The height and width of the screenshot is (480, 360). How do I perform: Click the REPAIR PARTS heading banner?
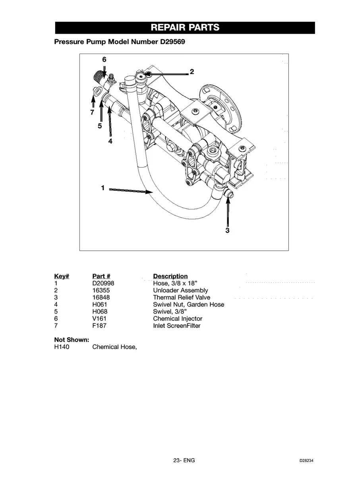pyautogui.click(x=185, y=28)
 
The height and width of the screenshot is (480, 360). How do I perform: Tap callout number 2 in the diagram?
pyautogui.click(x=192, y=72)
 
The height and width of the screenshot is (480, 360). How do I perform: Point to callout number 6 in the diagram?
pyautogui.click(x=104, y=59)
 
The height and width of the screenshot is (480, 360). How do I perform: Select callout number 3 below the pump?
pyautogui.click(x=227, y=230)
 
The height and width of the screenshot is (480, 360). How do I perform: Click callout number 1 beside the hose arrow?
pyautogui.click(x=103, y=188)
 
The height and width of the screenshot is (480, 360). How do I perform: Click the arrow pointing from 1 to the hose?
pyautogui.click(x=131, y=191)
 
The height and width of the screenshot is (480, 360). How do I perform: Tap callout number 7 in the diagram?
pyautogui.click(x=92, y=112)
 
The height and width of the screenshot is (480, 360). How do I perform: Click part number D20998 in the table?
pyautogui.click(x=103, y=283)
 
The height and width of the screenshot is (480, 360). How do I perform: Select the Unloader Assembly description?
pyautogui.click(x=180, y=290)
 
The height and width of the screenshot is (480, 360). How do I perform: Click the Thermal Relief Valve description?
pyautogui.click(x=182, y=297)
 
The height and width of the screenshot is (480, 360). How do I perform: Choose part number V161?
pyautogui.click(x=99, y=319)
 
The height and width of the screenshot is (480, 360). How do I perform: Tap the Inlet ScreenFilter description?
pyautogui.click(x=177, y=326)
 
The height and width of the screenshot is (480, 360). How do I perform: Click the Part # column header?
pyautogui.click(x=101, y=276)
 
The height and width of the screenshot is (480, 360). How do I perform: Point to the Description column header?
pyautogui.click(x=170, y=276)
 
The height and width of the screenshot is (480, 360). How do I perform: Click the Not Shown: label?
pyautogui.click(x=71, y=340)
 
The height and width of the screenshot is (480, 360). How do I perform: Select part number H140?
pyautogui.click(x=62, y=347)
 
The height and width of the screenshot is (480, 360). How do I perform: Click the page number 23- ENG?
pyautogui.click(x=184, y=461)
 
